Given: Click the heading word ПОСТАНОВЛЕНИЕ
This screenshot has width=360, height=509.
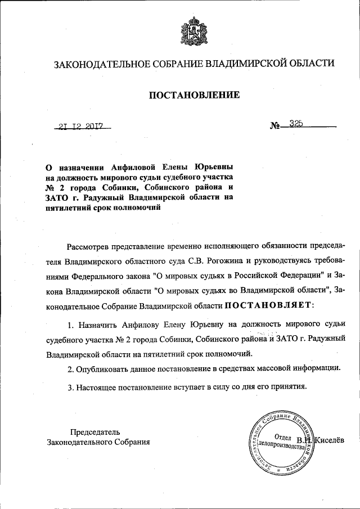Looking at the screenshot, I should tap(193, 95).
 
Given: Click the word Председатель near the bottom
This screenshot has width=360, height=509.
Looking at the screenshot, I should tap(95, 432).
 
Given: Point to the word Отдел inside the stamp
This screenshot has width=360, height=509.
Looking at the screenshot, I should tap(282, 438).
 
